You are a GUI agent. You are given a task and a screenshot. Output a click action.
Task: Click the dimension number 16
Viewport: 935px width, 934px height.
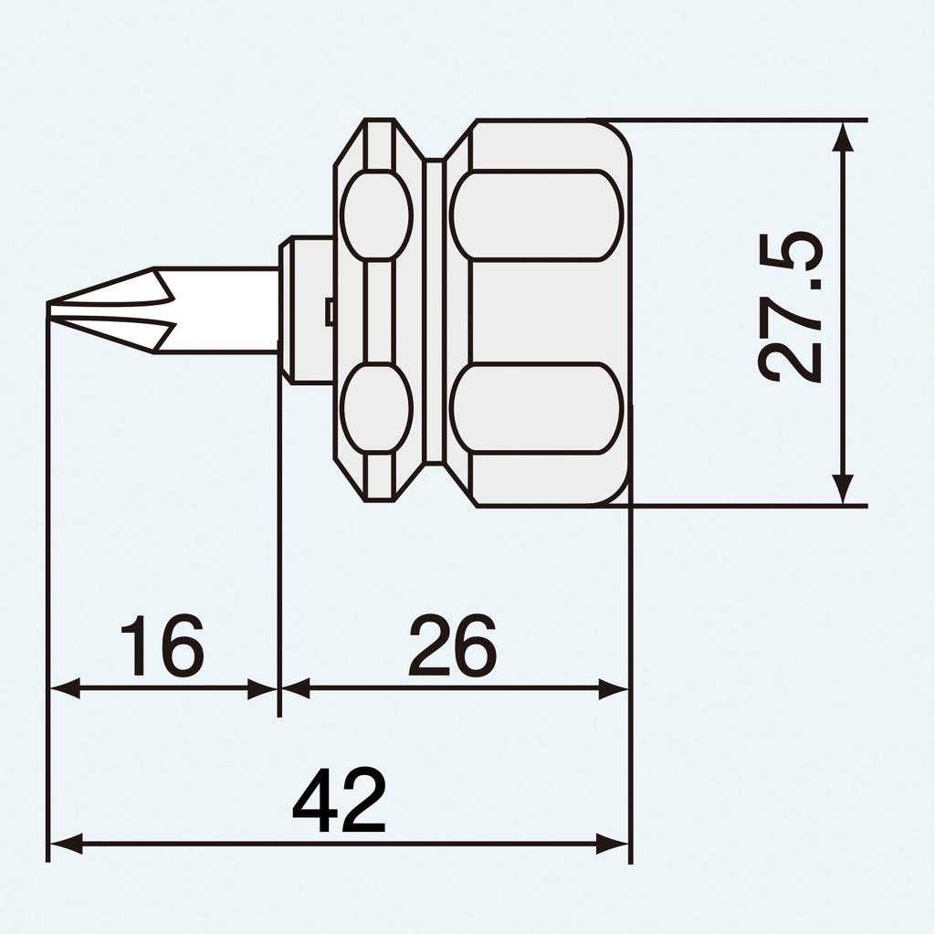[x=163, y=645]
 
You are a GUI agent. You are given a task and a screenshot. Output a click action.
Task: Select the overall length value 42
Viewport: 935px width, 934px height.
[x=339, y=802]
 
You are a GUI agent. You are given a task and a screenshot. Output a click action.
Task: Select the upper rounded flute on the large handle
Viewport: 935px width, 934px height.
[x=538, y=215]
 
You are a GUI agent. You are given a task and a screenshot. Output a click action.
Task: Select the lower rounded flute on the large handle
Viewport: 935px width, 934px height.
[x=538, y=407]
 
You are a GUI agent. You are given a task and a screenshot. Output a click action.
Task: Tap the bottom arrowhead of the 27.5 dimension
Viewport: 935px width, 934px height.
[x=844, y=489]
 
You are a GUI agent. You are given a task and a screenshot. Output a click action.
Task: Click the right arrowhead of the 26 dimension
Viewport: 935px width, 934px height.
[x=615, y=688]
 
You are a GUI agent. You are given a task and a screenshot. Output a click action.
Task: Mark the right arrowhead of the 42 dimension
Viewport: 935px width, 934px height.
[x=615, y=844]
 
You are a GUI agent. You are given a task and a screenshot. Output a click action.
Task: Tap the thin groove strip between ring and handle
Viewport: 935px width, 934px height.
[x=436, y=310]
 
